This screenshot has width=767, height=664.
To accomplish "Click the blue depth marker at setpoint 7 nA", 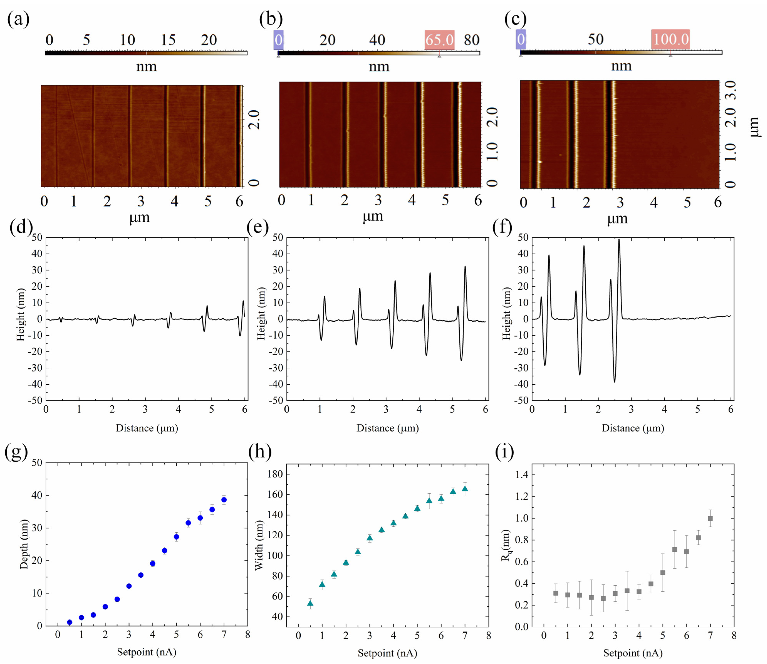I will click(x=224, y=500).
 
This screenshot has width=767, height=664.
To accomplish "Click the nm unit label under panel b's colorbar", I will click(x=379, y=67).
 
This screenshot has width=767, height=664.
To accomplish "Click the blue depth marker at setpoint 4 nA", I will click(x=153, y=564).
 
